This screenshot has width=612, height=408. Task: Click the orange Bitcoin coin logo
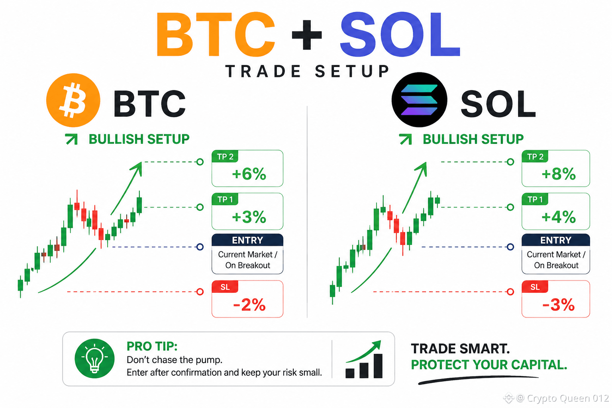73,100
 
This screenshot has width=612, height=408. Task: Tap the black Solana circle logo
420,100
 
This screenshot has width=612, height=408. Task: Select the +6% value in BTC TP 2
249,174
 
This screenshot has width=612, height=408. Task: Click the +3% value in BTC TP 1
249,217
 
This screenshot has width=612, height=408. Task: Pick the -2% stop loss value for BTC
249,305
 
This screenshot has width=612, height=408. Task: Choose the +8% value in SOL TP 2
559,174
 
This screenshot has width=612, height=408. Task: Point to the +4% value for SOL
559,217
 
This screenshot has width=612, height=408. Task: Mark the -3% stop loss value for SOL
559,305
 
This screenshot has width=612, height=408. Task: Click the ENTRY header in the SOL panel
556,240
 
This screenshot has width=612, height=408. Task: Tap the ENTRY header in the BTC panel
247,240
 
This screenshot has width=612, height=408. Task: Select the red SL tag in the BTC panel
225,286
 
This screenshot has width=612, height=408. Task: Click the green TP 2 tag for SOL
535,156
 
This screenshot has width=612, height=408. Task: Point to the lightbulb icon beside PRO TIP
94,359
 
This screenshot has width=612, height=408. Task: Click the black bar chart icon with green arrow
364,359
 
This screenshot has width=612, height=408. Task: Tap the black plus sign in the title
307,35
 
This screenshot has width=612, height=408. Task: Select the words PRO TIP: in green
152,346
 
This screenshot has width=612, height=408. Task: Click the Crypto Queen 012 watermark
556,398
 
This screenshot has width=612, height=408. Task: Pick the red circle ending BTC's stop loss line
200,292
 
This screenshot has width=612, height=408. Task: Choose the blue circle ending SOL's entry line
510,247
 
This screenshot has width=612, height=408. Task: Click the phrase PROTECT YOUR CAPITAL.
489,365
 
